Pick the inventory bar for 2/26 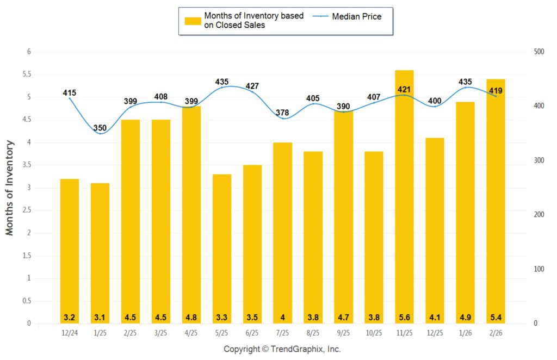496,201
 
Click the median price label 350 100,128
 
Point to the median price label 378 282,113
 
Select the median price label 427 252,86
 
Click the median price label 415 69,93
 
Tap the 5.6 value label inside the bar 404,316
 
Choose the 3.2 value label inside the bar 69,316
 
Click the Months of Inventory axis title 10,188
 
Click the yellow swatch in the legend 193,21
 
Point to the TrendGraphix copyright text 282,349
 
